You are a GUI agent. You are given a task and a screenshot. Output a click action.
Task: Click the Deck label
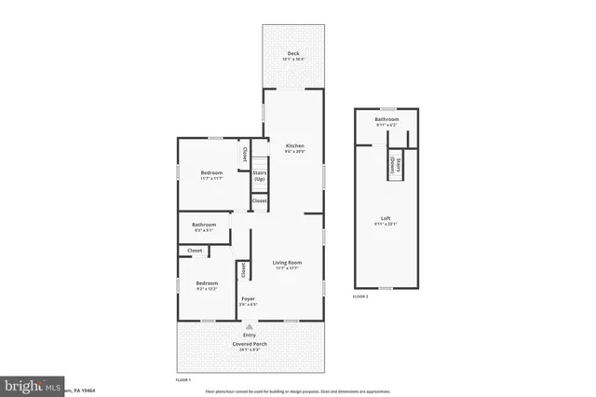(x=293, y=53)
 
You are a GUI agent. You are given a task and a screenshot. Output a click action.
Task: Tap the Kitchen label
(x=294, y=146)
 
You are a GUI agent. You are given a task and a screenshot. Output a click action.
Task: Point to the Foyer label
(x=248, y=299)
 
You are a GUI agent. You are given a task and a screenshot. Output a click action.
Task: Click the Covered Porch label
(x=250, y=344)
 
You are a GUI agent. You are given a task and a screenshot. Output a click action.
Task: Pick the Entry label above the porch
(x=250, y=335)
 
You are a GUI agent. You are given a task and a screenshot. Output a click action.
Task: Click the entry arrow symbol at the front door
(x=250, y=326)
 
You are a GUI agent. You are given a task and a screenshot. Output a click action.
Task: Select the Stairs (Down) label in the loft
(x=397, y=169)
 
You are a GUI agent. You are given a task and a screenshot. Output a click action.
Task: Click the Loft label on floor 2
(x=386, y=219)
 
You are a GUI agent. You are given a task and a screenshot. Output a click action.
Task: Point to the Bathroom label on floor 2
(x=386, y=119)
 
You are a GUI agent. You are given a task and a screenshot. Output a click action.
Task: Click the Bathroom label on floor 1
(x=204, y=224)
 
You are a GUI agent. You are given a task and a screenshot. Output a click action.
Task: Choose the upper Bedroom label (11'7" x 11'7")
(x=211, y=172)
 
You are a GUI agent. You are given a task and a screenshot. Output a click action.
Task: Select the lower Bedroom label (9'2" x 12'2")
(x=207, y=282)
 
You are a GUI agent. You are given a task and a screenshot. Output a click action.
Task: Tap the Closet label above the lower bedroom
(x=195, y=250)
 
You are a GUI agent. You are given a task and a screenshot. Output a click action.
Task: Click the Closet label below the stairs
(x=259, y=200)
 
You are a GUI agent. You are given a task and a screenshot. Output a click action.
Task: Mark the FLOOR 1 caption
(x=183, y=380)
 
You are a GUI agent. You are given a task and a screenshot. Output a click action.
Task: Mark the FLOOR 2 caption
(x=360, y=296)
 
